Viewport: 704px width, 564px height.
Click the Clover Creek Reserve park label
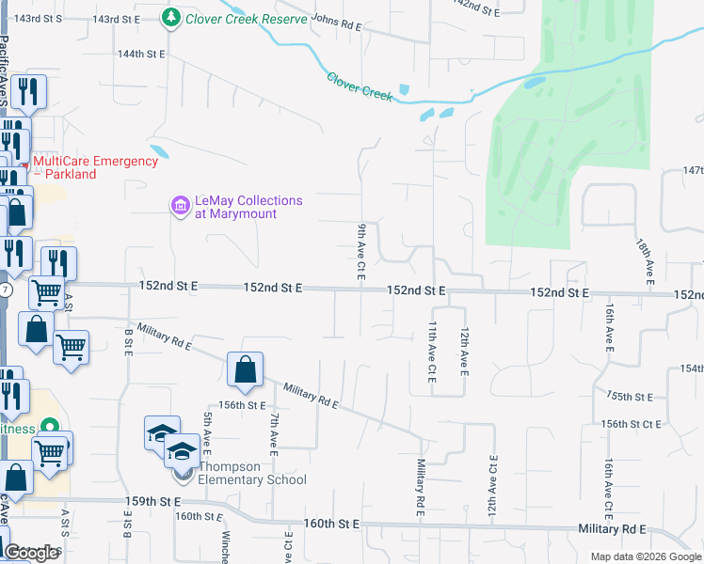(x=247, y=19)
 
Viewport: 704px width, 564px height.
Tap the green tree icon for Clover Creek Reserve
(x=171, y=18)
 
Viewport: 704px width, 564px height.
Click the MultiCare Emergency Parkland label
(x=95, y=167)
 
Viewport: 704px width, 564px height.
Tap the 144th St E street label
(x=141, y=55)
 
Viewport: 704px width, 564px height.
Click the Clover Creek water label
(x=359, y=87)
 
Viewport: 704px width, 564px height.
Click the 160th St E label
(x=332, y=523)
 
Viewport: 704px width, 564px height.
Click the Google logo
(x=31, y=554)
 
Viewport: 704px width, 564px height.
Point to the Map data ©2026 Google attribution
(x=646, y=556)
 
